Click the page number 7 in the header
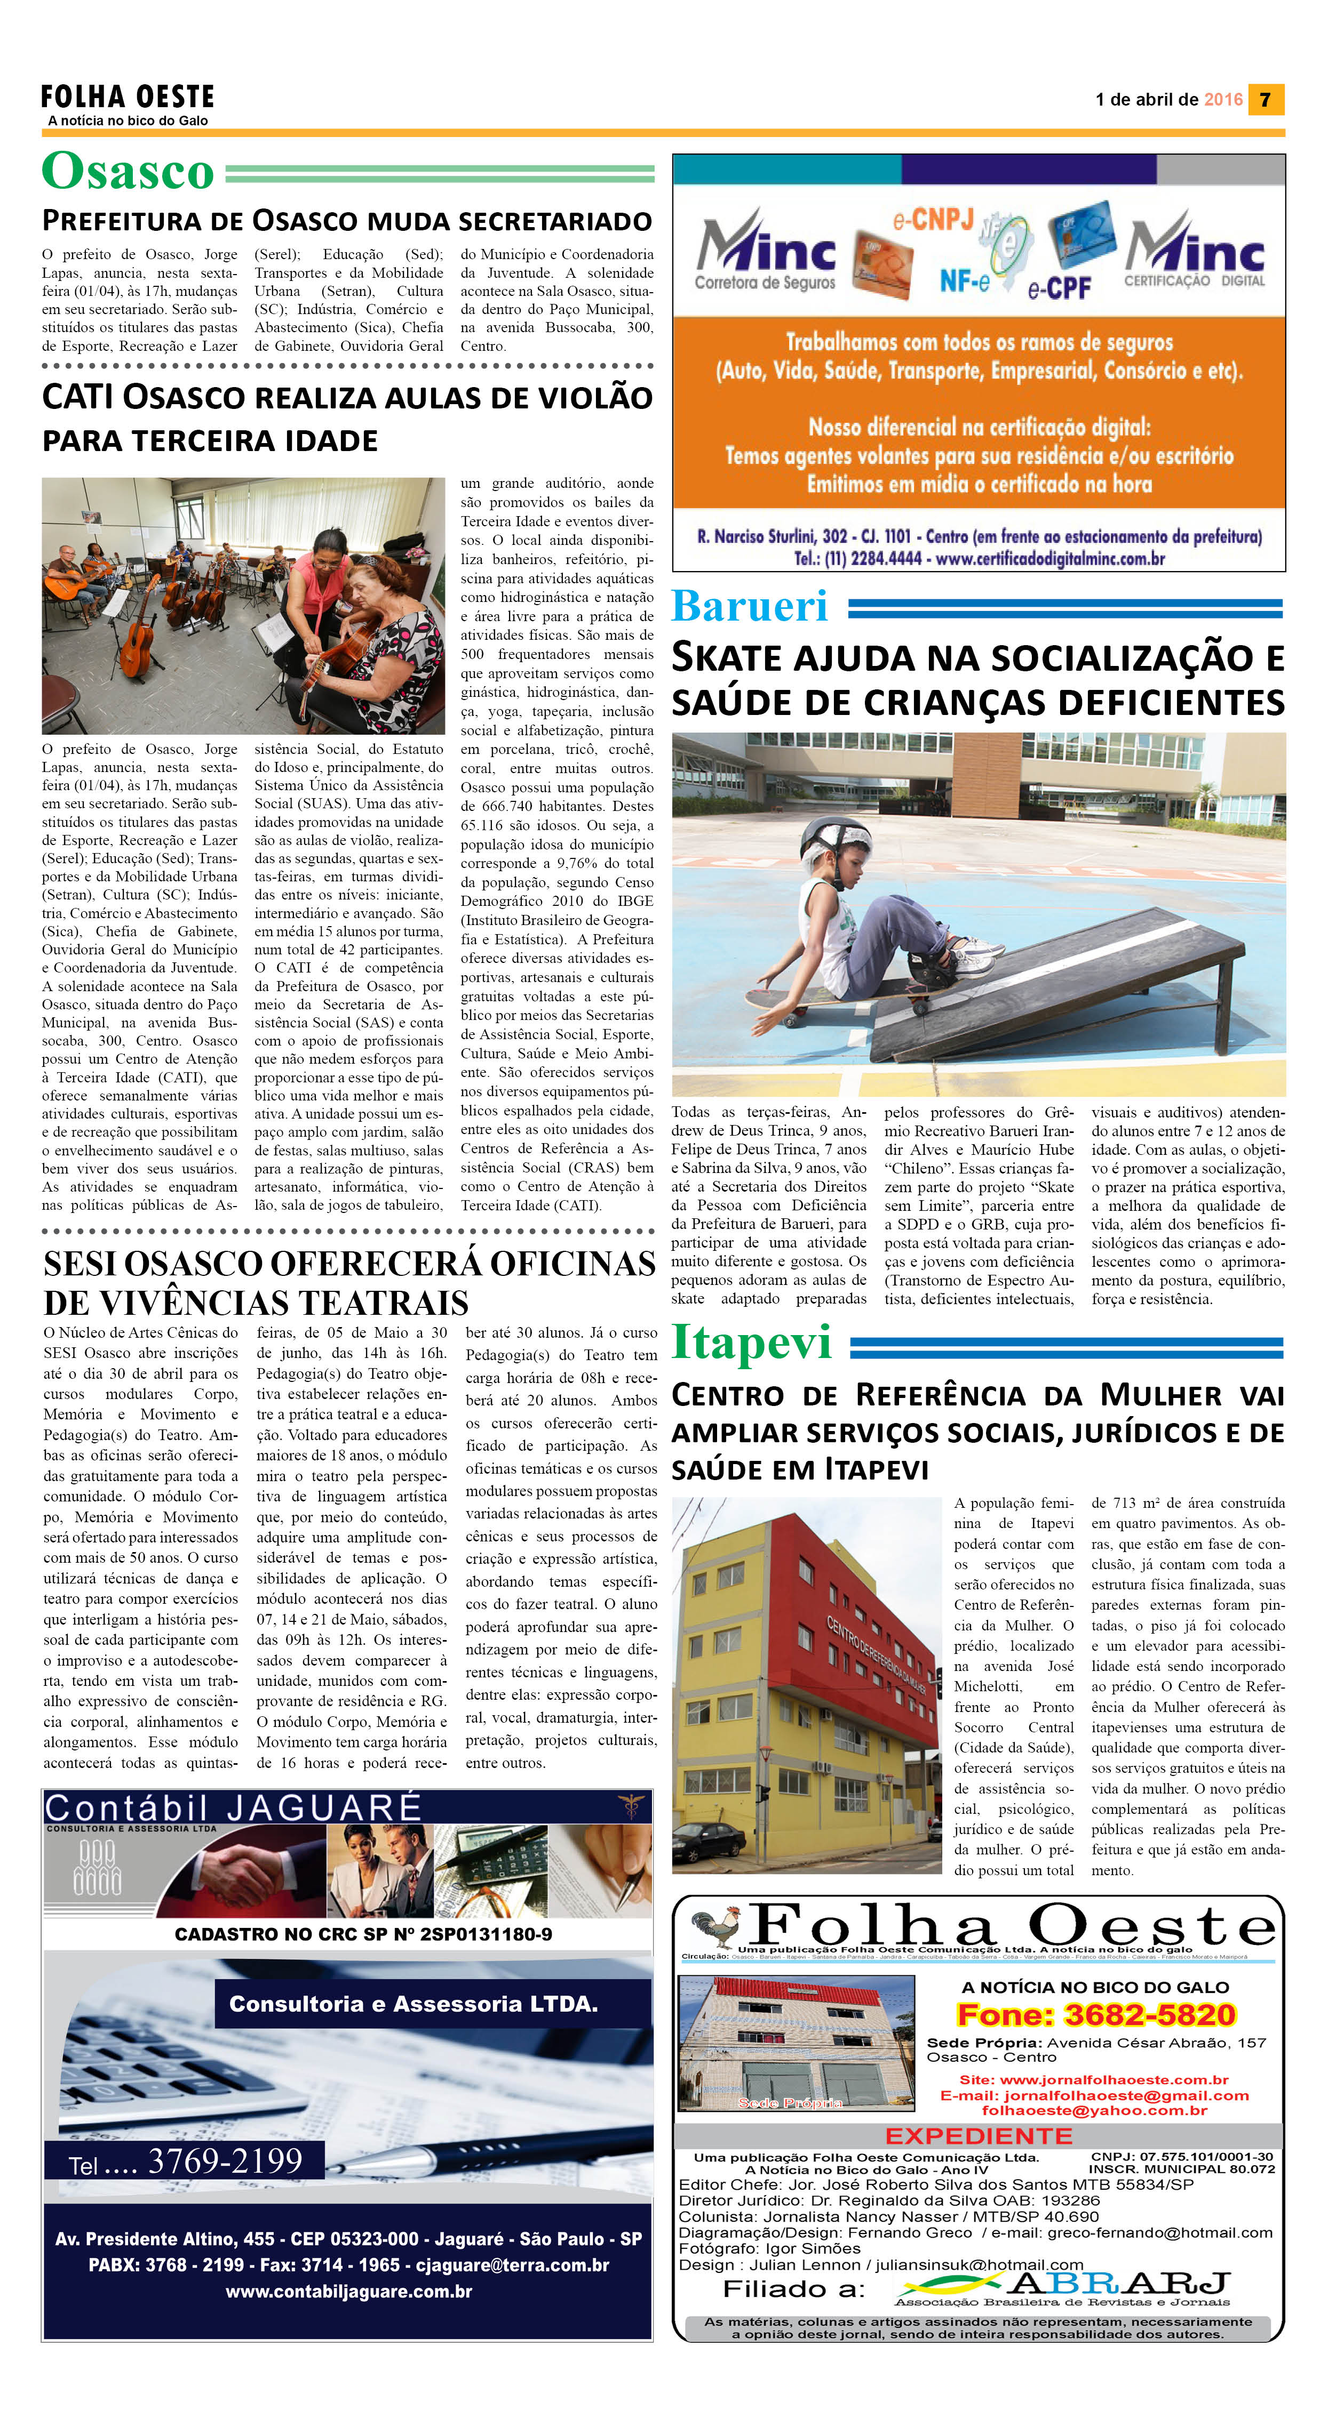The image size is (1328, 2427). pyautogui.click(x=1265, y=100)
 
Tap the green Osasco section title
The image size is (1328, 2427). pyautogui.click(x=128, y=172)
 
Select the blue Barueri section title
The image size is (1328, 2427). pyautogui.click(x=749, y=606)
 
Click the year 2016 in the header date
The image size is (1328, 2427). pyautogui.click(x=1223, y=100)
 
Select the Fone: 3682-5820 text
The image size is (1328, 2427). pyautogui.click(x=1095, y=2015)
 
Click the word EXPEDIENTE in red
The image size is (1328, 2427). pyautogui.click(x=979, y=2136)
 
